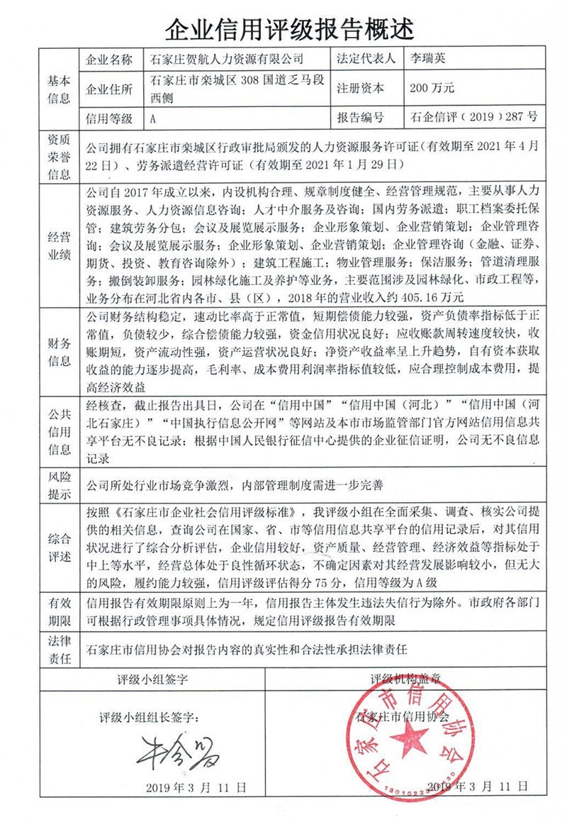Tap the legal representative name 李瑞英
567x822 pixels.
click(428, 59)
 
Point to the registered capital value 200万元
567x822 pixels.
click(432, 89)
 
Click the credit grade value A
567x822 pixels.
click(153, 118)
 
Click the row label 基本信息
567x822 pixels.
click(59, 89)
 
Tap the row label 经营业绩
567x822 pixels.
click(59, 245)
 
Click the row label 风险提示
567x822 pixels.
click(59, 486)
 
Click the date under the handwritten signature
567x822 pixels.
click(196, 787)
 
